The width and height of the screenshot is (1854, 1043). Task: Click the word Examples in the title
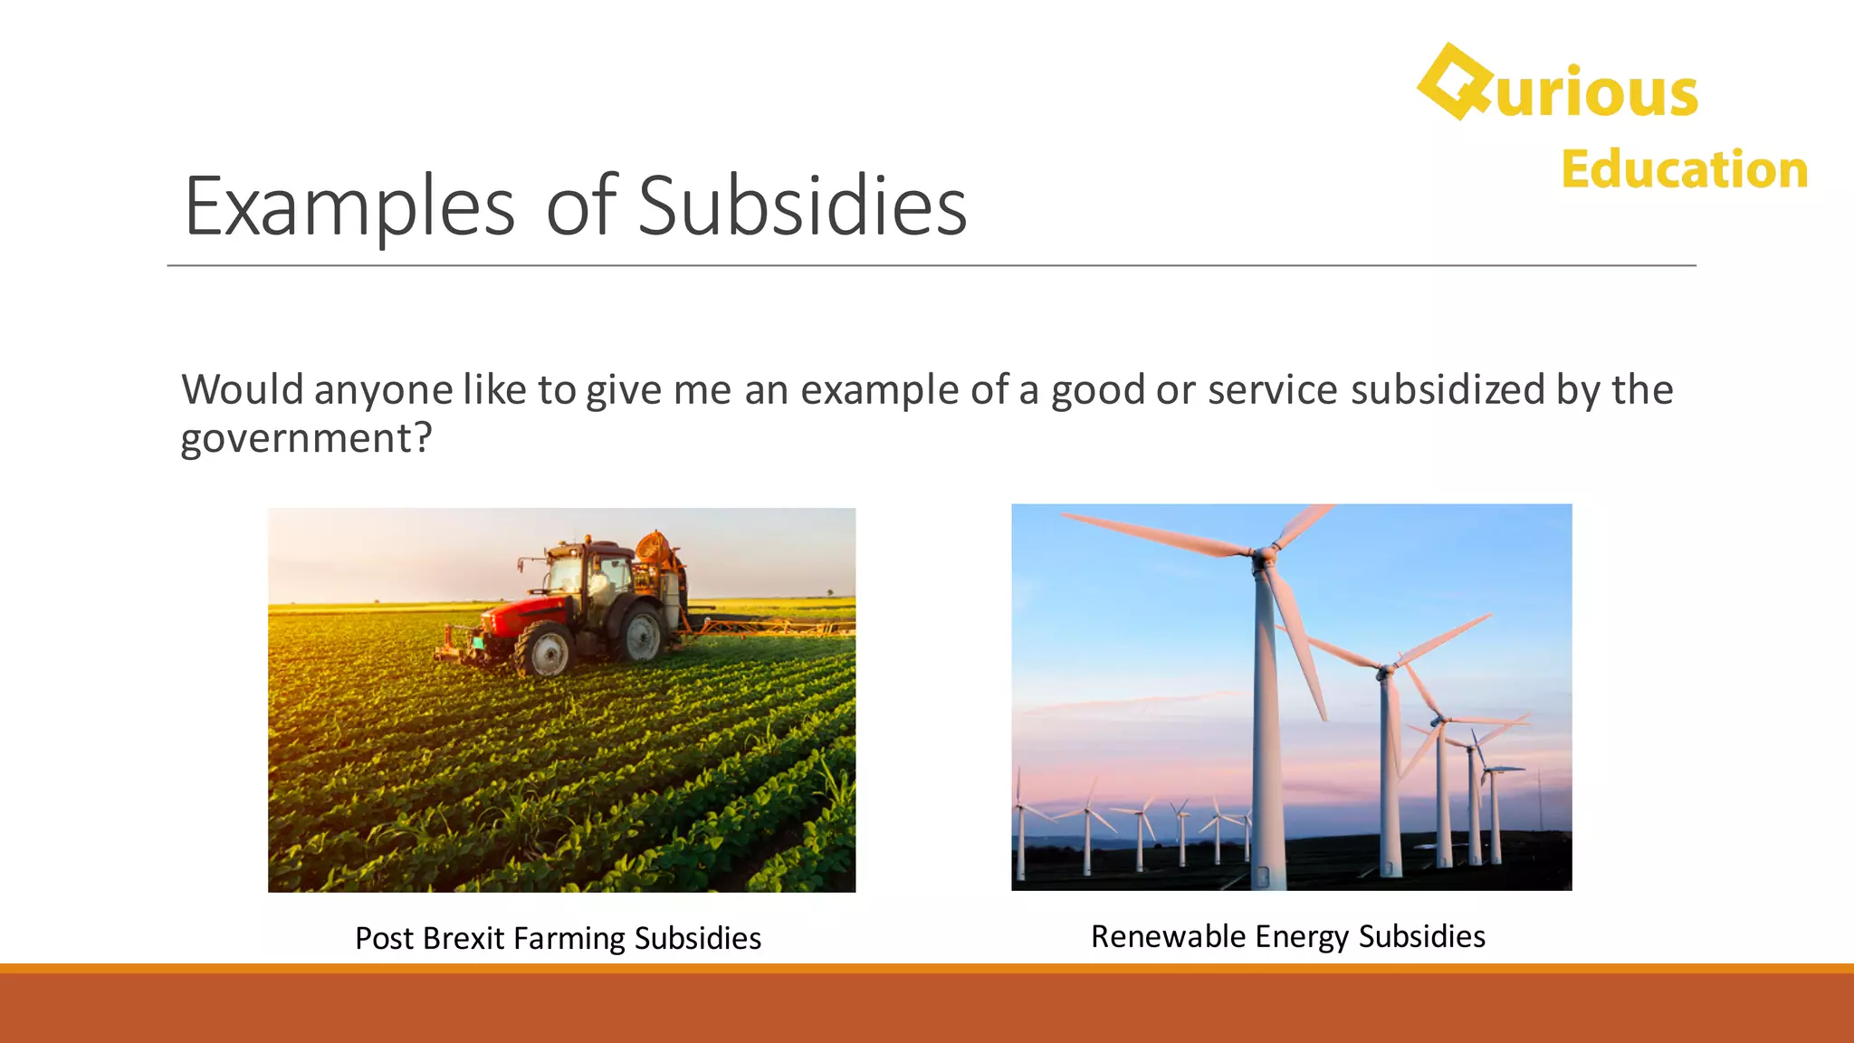(349, 206)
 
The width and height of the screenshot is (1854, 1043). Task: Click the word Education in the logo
(1684, 169)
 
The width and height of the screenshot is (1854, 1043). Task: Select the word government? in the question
(306, 439)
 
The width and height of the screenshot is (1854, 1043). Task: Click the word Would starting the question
(243, 390)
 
